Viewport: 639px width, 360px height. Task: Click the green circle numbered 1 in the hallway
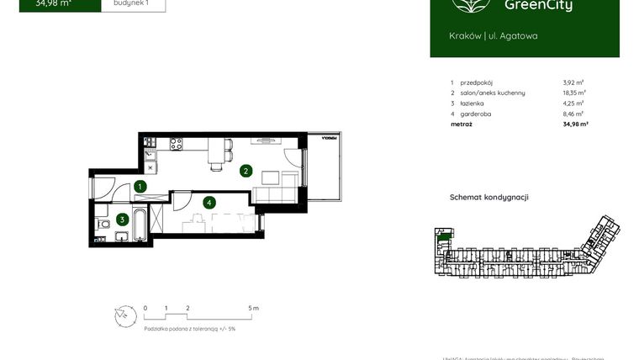(140, 187)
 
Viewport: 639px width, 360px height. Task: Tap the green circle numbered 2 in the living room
(246, 171)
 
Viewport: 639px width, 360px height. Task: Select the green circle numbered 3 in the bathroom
(122, 220)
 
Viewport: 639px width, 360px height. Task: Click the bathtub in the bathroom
(140, 226)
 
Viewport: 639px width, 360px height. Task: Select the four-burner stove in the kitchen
(177, 144)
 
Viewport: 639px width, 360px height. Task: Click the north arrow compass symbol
(124, 315)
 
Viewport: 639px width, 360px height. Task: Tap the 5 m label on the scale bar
(255, 309)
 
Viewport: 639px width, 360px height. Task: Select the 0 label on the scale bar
(145, 309)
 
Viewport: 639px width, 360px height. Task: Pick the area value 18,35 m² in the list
(573, 93)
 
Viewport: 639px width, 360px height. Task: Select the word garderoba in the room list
(476, 113)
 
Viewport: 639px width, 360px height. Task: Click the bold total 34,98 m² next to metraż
(575, 124)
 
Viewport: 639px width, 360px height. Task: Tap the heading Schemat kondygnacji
(489, 198)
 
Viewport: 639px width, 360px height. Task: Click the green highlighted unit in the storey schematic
(442, 239)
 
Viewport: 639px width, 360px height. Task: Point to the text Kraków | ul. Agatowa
(494, 35)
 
